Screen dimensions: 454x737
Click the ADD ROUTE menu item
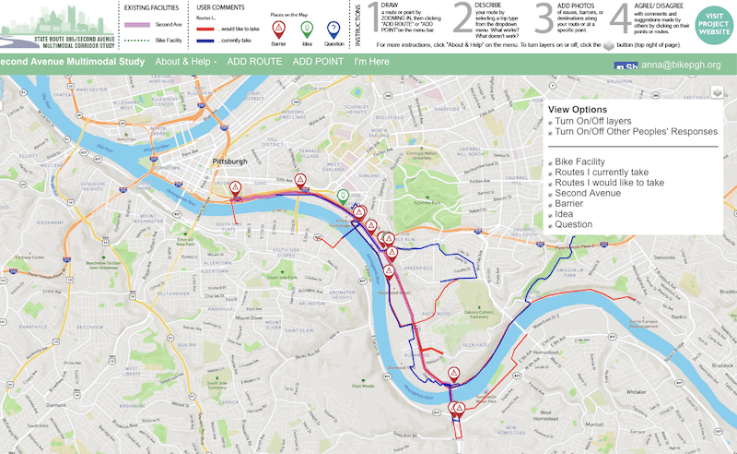tap(253, 62)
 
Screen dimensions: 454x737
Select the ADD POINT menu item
tap(318, 62)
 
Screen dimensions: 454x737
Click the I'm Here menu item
tap(371, 62)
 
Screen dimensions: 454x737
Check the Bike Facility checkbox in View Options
tap(551, 162)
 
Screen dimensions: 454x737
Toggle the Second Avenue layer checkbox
tap(551, 193)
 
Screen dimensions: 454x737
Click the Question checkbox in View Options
tap(551, 224)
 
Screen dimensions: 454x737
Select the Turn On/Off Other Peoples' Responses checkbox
tap(551, 132)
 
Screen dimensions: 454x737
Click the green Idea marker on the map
tap(343, 197)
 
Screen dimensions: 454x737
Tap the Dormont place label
tap(57, 404)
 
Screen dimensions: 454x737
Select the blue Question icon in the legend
tap(333, 29)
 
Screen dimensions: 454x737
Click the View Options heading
tap(578, 109)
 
